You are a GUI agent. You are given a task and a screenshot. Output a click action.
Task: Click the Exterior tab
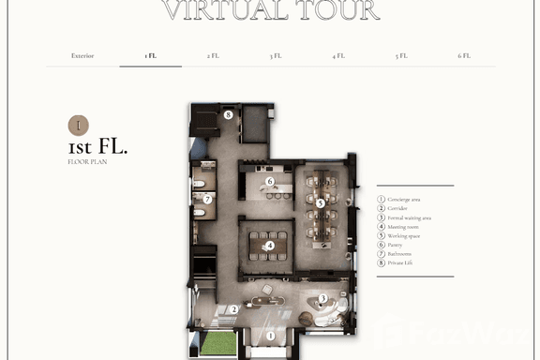82,56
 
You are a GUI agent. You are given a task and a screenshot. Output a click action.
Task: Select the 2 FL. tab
213,56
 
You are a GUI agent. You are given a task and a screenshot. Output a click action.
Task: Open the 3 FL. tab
276,56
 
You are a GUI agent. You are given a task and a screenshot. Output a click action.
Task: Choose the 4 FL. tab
338,56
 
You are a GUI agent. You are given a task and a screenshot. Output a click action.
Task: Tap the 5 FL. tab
401,56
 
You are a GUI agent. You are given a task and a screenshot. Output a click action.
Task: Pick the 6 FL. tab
464,56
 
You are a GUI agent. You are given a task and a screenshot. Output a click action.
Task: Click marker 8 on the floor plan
228,115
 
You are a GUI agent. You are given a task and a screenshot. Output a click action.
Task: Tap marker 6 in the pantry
269,181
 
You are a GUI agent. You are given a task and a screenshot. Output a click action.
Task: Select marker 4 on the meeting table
270,247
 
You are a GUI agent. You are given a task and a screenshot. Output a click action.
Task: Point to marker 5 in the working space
320,202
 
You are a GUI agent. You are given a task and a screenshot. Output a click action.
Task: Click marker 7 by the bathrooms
208,199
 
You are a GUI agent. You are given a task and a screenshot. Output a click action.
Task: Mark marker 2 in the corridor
233,309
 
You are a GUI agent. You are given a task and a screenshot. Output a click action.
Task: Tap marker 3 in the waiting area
322,299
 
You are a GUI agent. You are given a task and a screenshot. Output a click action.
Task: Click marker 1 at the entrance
270,336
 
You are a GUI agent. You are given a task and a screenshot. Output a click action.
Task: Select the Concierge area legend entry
403,200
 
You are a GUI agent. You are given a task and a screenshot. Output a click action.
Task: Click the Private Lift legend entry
399,263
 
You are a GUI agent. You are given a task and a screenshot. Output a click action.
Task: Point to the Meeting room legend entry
401,227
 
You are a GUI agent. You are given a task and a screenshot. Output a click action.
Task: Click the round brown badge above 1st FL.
80,125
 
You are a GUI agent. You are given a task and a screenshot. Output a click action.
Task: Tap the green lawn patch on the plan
217,343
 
